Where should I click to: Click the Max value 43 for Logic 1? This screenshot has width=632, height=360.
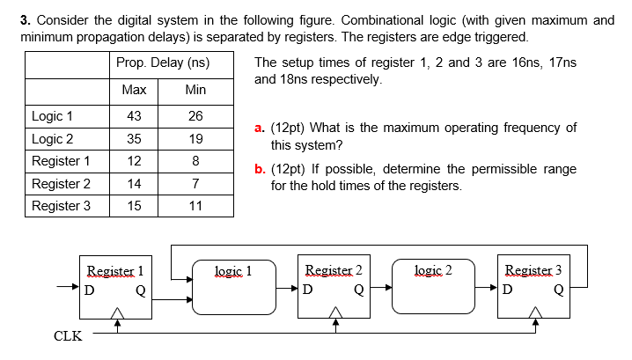(x=135, y=117)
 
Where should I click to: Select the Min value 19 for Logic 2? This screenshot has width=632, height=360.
(x=195, y=139)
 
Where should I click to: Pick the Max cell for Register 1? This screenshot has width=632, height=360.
(x=135, y=161)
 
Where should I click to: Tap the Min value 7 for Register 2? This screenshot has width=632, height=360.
(x=195, y=184)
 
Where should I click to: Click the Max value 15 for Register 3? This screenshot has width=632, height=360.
(x=135, y=206)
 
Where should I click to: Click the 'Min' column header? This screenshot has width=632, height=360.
(x=195, y=90)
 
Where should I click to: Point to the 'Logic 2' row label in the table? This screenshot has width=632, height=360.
(x=53, y=139)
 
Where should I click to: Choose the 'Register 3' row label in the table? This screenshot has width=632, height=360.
(x=61, y=206)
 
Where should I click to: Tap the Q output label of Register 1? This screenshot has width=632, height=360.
(x=140, y=290)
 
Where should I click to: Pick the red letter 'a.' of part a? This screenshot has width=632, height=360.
(x=259, y=128)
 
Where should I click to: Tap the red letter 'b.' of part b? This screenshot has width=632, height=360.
(x=259, y=168)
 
